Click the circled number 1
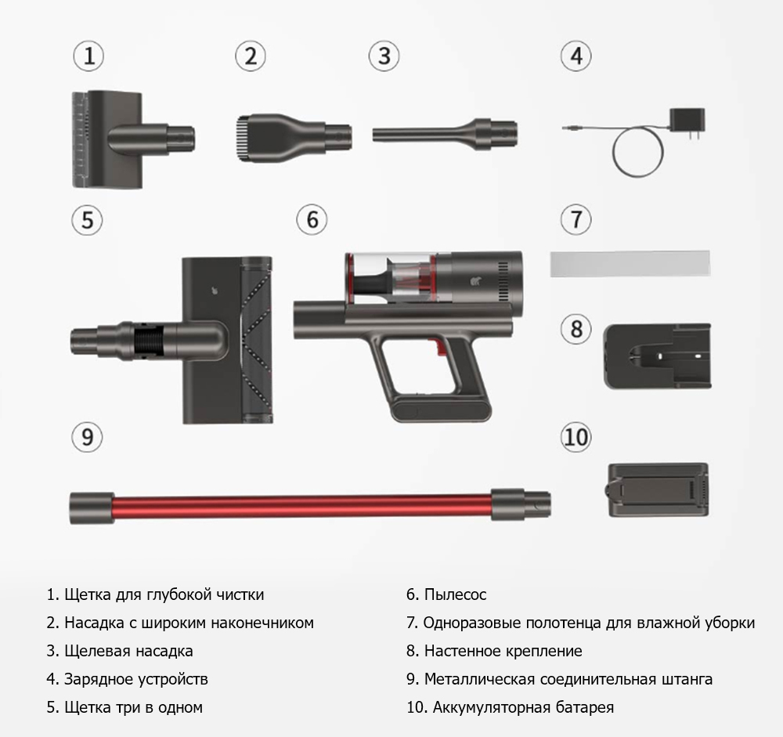[88, 56]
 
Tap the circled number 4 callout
[576, 56]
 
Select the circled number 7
[576, 219]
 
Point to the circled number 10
[576, 437]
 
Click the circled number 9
[87, 437]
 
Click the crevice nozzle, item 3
[445, 134]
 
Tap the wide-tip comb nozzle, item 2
[294, 138]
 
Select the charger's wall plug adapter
[687, 121]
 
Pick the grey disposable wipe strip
[630, 264]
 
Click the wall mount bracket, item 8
[657, 356]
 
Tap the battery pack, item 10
[659, 490]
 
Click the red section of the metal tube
[302, 508]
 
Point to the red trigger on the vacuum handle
[440, 347]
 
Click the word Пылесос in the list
[455, 594]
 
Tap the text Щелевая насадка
[128, 651]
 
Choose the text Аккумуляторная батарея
[523, 707]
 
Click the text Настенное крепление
[503, 651]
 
